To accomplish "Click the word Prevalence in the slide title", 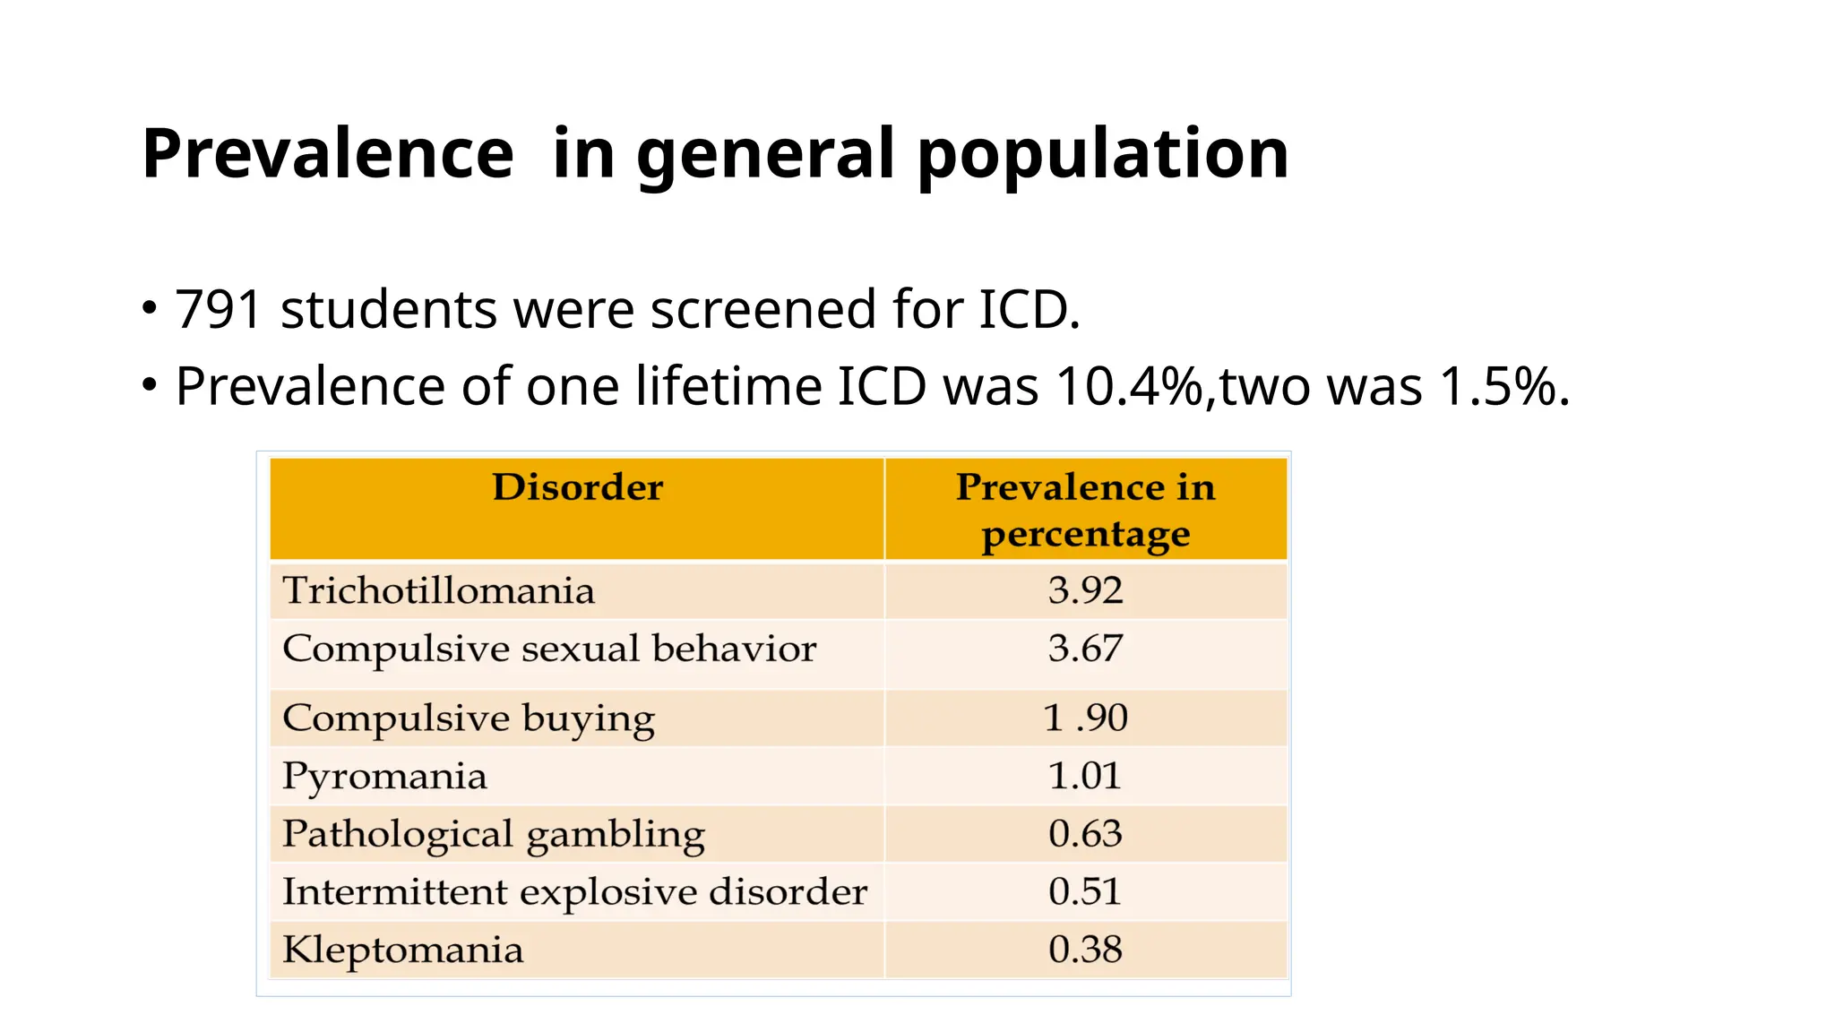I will (328, 153).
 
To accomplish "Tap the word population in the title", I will (1102, 153).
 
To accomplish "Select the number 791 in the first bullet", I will (218, 310).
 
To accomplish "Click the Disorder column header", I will (577, 487).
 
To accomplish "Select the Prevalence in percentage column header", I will (1085, 510).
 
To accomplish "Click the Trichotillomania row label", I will (438, 591).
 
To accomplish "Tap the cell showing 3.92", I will (1085, 590).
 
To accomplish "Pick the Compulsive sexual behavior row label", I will (549, 649).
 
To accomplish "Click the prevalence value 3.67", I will (1085, 649).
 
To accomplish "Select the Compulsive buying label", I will (469, 719).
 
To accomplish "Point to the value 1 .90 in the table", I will (1085, 718).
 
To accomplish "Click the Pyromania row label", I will (384, 777).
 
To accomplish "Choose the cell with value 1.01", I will (1085, 776).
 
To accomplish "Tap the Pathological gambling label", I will (494, 835).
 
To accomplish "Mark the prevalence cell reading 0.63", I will (1085, 834).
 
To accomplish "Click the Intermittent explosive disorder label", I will (574, 892).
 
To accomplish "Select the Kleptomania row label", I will (402, 950).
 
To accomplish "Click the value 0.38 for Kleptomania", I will (1085, 950).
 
